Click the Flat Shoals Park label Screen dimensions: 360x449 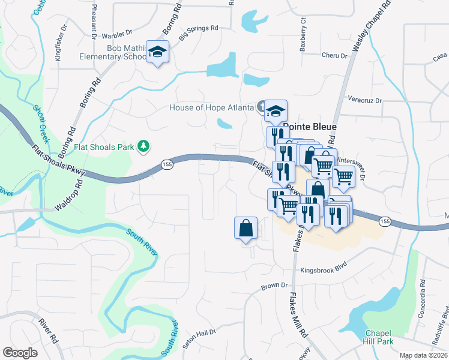click(x=104, y=146)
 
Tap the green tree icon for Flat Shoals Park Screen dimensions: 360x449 click(x=143, y=145)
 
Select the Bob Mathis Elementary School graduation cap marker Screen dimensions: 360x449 click(x=158, y=53)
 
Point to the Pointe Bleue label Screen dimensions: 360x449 click(x=310, y=127)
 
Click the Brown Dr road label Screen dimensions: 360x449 click(x=275, y=287)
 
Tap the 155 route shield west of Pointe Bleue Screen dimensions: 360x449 click(x=167, y=164)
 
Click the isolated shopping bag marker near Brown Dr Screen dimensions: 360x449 click(x=246, y=228)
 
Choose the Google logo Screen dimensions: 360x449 click(x=20, y=353)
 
